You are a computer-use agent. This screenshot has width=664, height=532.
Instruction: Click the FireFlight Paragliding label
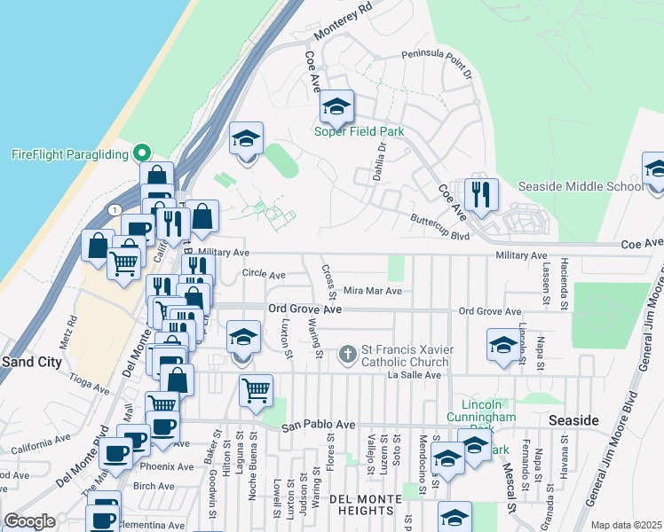[x=70, y=154]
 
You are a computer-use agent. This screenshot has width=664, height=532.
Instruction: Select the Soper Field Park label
[x=360, y=132]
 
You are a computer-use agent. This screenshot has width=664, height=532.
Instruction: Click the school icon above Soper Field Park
[x=336, y=107]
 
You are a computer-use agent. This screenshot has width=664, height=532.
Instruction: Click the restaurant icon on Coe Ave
[x=481, y=196]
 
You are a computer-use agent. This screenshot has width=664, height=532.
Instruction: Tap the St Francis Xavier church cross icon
[x=348, y=356]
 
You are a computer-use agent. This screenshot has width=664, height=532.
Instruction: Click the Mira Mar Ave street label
[x=373, y=290]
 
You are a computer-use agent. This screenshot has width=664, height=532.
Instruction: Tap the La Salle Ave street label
[x=415, y=375]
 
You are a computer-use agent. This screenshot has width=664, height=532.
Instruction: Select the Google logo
[x=29, y=521]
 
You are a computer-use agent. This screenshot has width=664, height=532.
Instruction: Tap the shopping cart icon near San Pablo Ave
[x=256, y=390]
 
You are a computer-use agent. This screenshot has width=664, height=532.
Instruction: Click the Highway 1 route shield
[x=116, y=209]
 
